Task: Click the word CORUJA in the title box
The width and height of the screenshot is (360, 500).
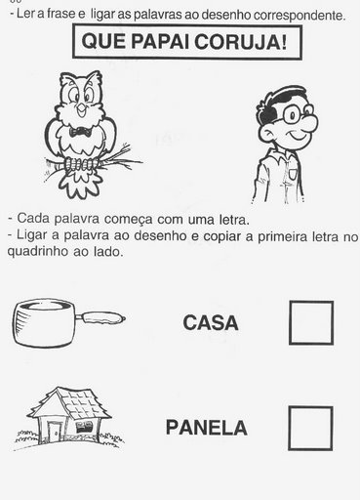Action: coord(241,42)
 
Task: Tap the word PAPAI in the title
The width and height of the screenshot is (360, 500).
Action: coord(160,42)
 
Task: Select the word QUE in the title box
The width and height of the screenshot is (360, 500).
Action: coord(103,42)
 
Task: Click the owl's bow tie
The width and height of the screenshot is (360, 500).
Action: coord(80,132)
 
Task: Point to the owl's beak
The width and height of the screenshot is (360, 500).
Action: coord(81,110)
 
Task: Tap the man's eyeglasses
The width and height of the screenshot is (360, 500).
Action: coord(297,114)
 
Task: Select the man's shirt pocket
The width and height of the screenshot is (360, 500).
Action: coord(293,174)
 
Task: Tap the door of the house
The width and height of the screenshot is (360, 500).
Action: coord(54,432)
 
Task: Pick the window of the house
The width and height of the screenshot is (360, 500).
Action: coord(84,427)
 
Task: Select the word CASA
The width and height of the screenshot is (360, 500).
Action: coord(211,323)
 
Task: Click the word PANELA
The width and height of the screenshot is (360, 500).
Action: coord(207,428)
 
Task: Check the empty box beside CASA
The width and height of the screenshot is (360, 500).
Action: coord(311,322)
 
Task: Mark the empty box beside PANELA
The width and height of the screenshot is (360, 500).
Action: coord(310,429)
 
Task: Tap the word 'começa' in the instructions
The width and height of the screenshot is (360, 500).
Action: coord(128,220)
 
